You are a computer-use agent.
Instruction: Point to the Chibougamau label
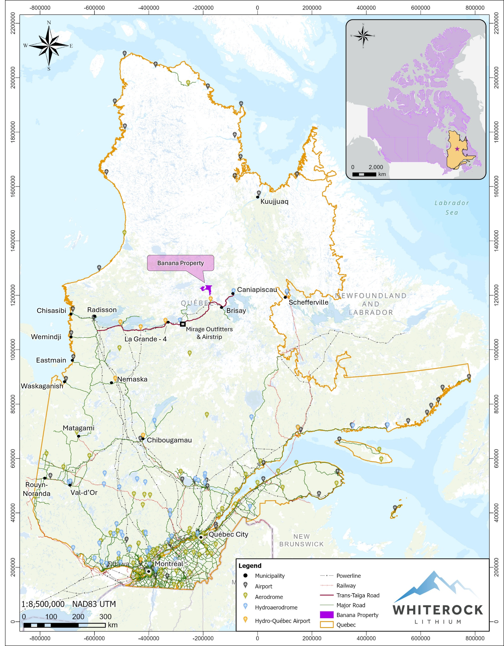click(x=169, y=440)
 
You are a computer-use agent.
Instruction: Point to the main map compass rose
click(x=49, y=46)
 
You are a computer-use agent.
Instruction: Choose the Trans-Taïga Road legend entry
click(x=358, y=595)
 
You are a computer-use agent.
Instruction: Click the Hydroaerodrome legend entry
click(x=276, y=607)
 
